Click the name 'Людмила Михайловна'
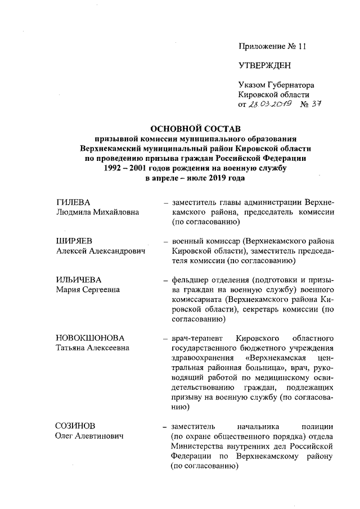[x=98, y=212]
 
